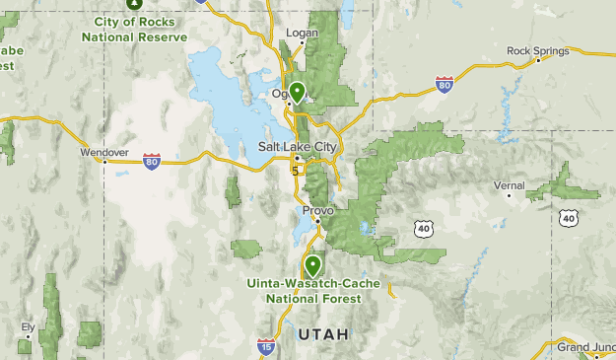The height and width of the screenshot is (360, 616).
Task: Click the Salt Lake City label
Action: (297, 146)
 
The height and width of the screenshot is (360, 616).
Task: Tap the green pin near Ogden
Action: (296, 94)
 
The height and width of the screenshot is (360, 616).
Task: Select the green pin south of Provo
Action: (312, 265)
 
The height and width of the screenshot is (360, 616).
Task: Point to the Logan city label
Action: (300, 33)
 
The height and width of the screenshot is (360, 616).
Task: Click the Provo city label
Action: (318, 211)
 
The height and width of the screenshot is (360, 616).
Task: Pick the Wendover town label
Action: (105, 152)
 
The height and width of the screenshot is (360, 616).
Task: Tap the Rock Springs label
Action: (537, 49)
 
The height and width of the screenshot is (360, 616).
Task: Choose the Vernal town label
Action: (510, 184)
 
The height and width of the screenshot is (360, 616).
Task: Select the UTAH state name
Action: (322, 334)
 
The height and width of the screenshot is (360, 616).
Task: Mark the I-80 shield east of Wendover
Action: (151, 159)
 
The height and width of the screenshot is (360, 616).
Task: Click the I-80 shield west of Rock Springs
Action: (445, 86)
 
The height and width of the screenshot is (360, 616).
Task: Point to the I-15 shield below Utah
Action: (266, 345)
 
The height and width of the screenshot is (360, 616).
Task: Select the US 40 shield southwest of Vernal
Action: (424, 228)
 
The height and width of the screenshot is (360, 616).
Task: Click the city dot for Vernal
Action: (509, 195)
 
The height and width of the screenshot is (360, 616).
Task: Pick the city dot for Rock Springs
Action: (538, 60)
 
